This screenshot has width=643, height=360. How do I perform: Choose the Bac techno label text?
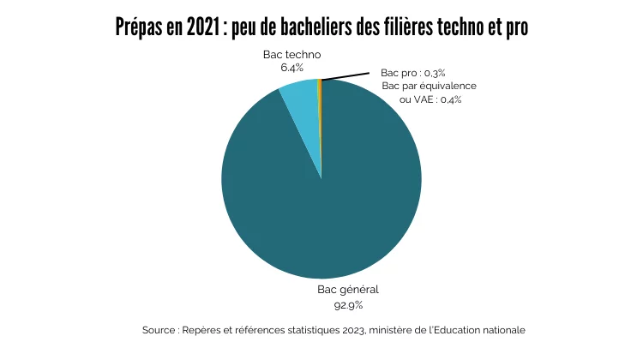(291, 54)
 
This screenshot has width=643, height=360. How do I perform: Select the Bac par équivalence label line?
(429, 87)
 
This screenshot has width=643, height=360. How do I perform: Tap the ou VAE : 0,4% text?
(431, 99)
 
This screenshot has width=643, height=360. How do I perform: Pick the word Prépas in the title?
(137, 27)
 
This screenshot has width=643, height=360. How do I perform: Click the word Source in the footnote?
(159, 330)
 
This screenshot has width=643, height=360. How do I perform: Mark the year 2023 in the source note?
(346, 330)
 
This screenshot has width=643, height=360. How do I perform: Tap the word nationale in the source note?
(502, 330)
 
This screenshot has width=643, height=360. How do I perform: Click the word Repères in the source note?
(202, 330)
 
